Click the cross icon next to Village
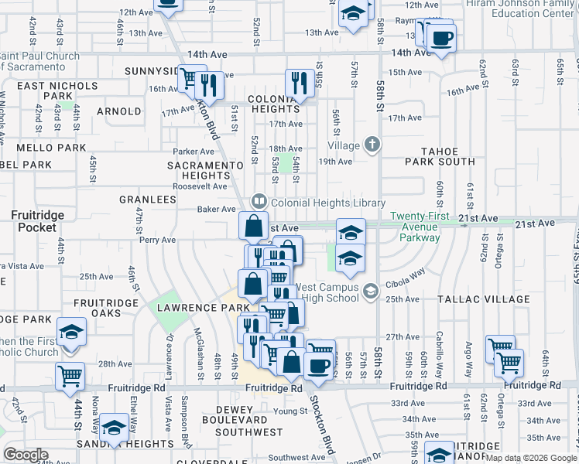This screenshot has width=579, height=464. click(x=372, y=145)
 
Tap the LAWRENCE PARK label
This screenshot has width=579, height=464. click(x=192, y=307)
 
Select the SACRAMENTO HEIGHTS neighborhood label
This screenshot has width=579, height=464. click(x=200, y=170)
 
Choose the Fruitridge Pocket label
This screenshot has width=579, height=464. click(x=38, y=220)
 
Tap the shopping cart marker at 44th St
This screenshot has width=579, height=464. click(x=70, y=377)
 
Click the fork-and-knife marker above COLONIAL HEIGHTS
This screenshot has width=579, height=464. click(x=298, y=81)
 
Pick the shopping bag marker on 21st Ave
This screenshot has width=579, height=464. click(x=253, y=227)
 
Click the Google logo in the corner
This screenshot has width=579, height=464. click(x=26, y=455)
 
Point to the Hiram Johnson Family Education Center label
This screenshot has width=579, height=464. click(x=519, y=9)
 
